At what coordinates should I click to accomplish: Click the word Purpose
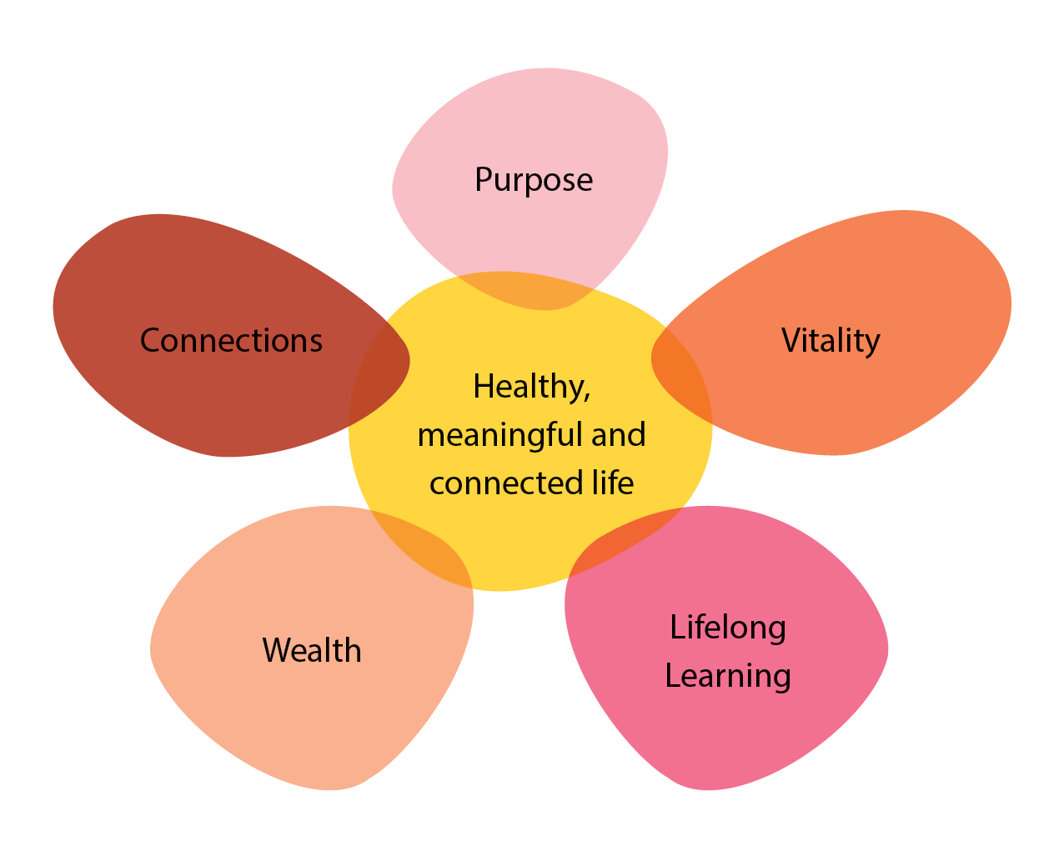[534, 180]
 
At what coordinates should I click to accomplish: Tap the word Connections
[231, 341]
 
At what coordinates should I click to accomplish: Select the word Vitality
[831, 341]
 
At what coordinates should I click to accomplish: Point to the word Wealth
[312, 651]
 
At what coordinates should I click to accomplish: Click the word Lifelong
[728, 628]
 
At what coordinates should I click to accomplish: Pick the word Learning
[728, 676]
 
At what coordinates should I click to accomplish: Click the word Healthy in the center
[528, 387]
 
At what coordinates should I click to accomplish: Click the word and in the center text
[619, 435]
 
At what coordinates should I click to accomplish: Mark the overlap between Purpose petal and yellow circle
[524, 292]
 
